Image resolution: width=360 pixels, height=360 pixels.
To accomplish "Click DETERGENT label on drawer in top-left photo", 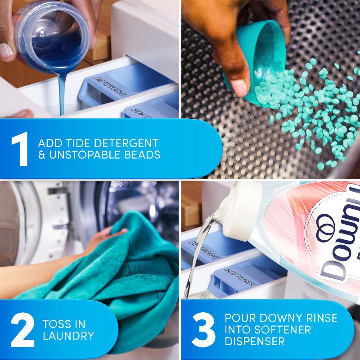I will pyautogui.click(x=111, y=88).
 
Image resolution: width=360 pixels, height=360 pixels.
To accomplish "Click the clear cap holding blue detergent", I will pyautogui.click(x=49, y=31).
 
